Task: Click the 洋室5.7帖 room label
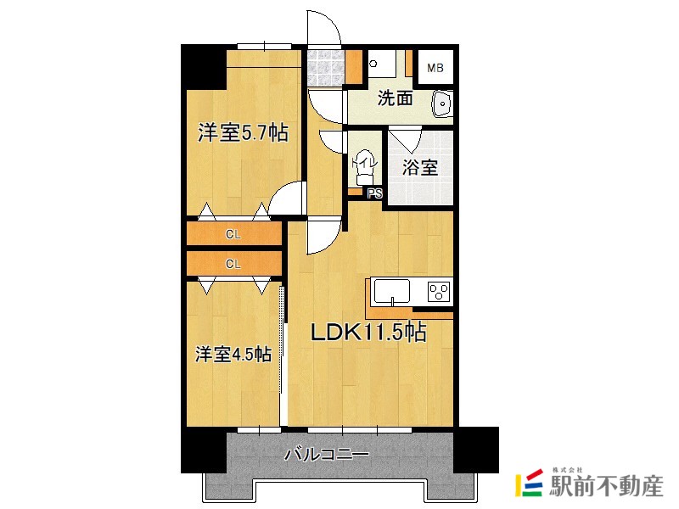[242, 133]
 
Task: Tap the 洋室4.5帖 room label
[234, 354]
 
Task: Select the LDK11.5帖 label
[367, 333]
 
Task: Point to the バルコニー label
[327, 456]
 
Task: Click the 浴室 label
[420, 167]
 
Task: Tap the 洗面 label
[395, 98]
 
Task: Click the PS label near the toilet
[375, 193]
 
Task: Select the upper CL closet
[233, 234]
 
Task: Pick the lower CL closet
[233, 263]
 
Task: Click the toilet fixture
[363, 167]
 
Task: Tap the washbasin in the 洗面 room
[442, 103]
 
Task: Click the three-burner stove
[438, 292]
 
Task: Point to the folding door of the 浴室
[406, 137]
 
